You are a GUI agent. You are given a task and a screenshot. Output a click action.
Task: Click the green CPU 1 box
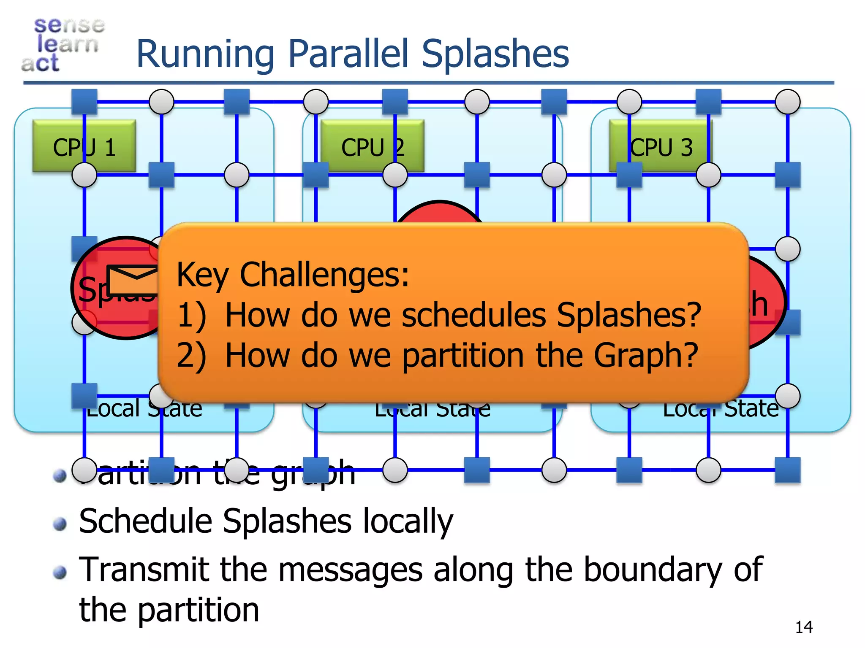tap(84, 146)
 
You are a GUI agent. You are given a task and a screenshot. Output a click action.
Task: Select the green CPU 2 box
tap(372, 146)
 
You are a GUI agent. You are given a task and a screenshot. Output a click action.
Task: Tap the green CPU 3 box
tap(661, 146)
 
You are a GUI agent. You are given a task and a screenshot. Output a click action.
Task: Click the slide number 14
tap(803, 627)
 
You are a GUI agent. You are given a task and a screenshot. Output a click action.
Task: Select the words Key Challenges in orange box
tap(292, 275)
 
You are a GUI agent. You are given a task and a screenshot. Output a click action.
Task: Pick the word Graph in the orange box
tap(645, 356)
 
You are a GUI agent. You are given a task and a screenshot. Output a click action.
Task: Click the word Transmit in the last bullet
tap(144, 570)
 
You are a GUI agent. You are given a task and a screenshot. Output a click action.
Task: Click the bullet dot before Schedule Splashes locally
tap(60, 524)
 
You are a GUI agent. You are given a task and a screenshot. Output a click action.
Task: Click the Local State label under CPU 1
tap(144, 408)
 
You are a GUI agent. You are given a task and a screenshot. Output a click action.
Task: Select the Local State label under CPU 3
tap(721, 408)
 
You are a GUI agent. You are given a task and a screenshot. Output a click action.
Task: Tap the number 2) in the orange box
tap(191, 356)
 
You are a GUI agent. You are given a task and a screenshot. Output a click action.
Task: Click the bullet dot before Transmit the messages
tap(60, 572)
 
